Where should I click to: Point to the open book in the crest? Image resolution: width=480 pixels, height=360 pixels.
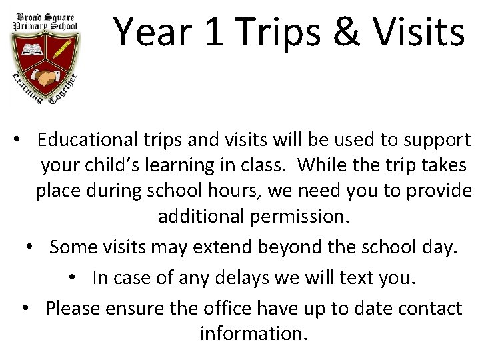(x=31, y=50)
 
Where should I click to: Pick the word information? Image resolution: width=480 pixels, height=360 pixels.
(x=254, y=333)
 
